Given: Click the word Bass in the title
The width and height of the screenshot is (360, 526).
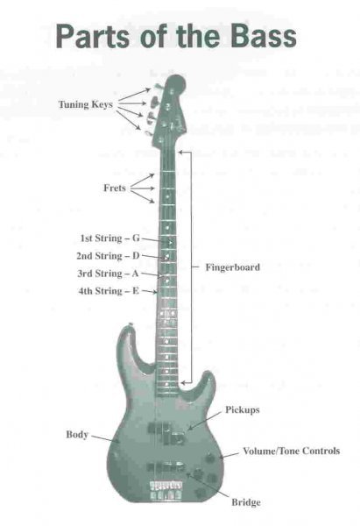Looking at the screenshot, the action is [263, 36].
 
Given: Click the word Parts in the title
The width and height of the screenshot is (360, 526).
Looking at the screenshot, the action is [92, 36].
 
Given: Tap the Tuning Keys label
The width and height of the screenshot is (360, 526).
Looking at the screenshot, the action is [86, 104].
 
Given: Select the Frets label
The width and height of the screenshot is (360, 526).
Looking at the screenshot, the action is [115, 188].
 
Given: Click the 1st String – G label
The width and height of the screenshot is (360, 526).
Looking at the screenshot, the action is [110, 238].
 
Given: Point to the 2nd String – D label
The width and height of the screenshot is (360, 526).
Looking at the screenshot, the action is [108, 256].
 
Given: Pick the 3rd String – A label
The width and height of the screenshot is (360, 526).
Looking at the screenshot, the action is [108, 274].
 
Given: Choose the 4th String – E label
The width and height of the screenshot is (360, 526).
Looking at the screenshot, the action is [109, 291].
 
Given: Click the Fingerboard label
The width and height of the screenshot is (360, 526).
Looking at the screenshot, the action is [233, 267].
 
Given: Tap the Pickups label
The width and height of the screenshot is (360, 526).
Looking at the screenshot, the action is [243, 410].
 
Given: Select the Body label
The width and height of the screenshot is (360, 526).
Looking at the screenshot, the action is [77, 435].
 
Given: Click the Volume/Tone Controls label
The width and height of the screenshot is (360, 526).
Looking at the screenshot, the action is [292, 451].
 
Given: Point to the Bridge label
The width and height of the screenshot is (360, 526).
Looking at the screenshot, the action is [246, 502].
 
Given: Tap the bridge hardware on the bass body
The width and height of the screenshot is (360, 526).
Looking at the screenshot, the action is [166, 490].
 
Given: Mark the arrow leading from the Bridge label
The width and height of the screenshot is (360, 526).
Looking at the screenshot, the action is [208, 485].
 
